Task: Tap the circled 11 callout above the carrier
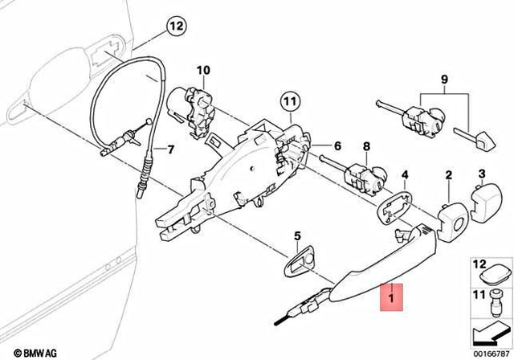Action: tap(289, 102)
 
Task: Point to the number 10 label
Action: tap(201, 70)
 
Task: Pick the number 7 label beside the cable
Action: tap(169, 149)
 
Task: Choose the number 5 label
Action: tap(296, 236)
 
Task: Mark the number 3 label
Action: tap(482, 174)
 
